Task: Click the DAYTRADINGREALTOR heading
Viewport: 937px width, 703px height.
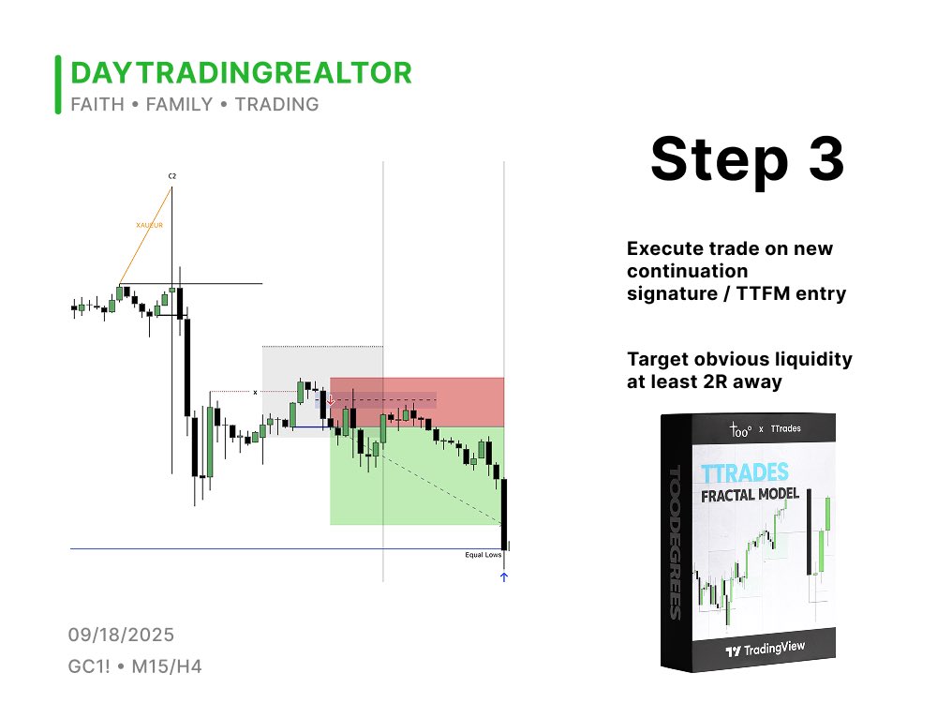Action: (241, 73)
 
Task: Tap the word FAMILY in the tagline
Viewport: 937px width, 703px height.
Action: (179, 104)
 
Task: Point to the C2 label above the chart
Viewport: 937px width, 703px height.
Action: (172, 176)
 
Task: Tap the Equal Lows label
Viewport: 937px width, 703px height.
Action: (483, 555)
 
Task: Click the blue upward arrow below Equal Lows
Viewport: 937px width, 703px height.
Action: (504, 577)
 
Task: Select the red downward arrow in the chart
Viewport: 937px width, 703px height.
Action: (330, 399)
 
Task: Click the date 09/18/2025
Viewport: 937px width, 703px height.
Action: (121, 636)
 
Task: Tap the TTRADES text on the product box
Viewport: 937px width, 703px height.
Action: (744, 472)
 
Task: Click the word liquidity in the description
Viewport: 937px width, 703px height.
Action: (808, 359)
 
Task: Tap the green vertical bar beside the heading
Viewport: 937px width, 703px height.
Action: (58, 85)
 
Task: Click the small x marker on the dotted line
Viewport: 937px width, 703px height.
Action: (255, 392)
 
